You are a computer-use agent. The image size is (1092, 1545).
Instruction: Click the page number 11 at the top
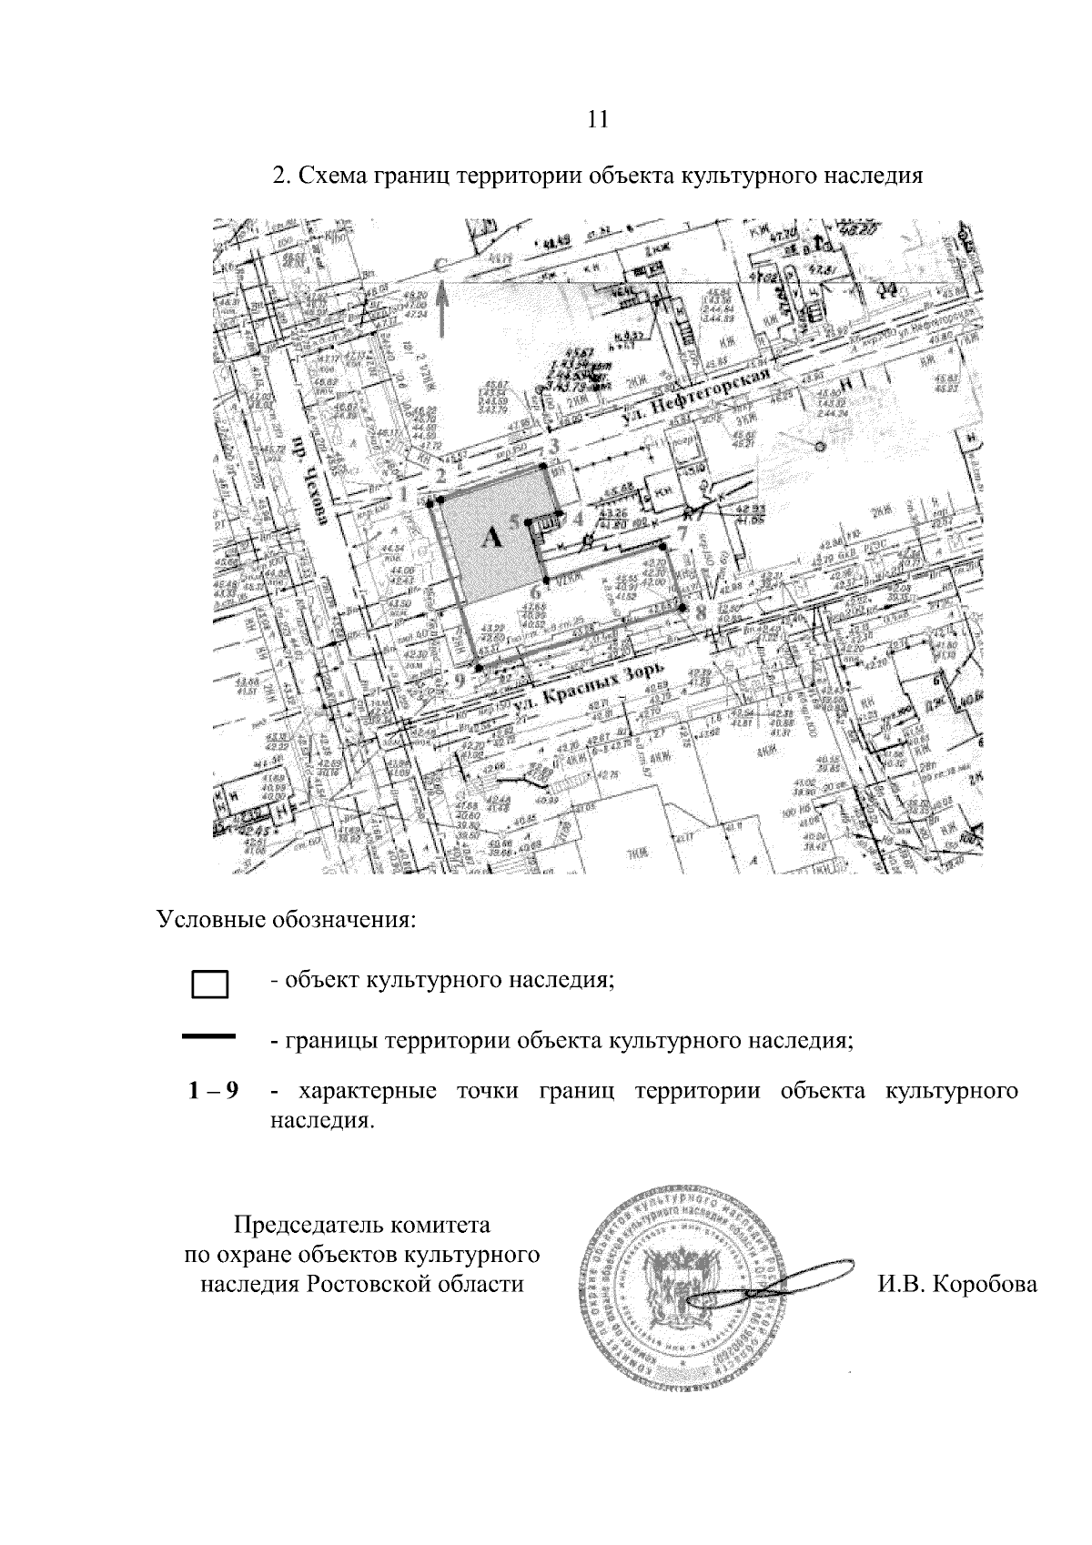(x=598, y=119)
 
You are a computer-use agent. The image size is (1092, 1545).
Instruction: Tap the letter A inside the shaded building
(x=491, y=538)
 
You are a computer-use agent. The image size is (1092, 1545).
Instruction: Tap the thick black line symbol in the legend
(x=209, y=1036)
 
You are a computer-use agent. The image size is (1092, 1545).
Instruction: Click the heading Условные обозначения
(x=287, y=918)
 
